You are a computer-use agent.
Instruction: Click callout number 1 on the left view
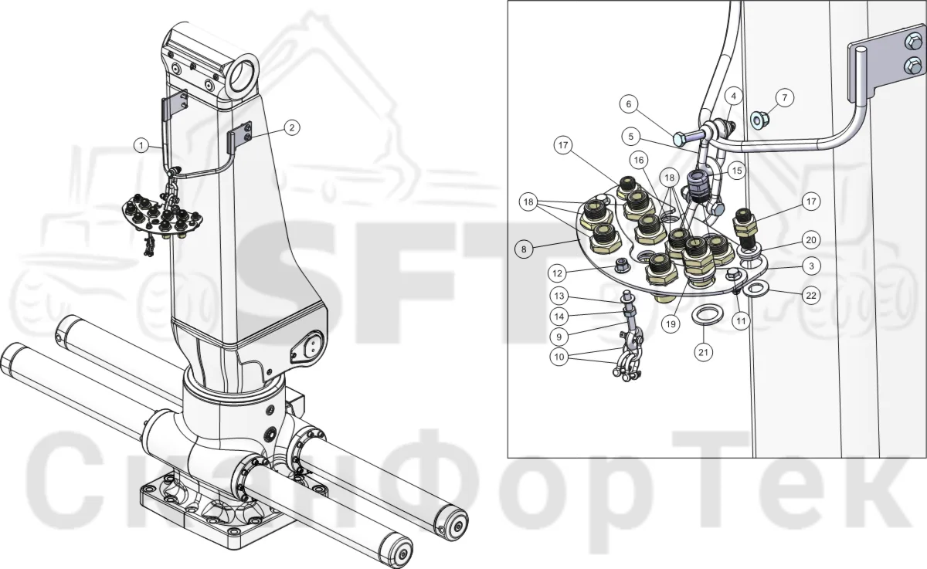(x=141, y=145)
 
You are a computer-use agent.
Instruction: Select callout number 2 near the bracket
(x=292, y=127)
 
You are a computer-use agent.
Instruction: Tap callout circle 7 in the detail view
(x=785, y=98)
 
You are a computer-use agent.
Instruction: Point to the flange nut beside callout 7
(x=760, y=120)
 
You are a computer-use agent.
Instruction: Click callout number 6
(x=629, y=103)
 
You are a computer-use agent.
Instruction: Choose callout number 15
(x=737, y=171)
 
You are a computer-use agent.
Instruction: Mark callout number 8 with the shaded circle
(x=524, y=249)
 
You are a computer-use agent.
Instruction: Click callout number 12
(x=558, y=273)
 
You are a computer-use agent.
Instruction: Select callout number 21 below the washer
(x=704, y=352)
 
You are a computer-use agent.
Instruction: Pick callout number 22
(x=811, y=296)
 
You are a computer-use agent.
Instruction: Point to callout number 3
(x=811, y=266)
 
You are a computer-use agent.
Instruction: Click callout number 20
(x=811, y=240)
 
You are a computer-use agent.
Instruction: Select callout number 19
(x=671, y=323)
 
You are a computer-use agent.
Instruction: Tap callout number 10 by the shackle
(x=559, y=357)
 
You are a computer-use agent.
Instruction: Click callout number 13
(x=559, y=296)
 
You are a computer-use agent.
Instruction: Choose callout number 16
(x=639, y=160)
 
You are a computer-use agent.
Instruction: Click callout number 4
(x=734, y=97)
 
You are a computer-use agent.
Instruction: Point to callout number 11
(x=741, y=321)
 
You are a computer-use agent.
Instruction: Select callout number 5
(x=630, y=137)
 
